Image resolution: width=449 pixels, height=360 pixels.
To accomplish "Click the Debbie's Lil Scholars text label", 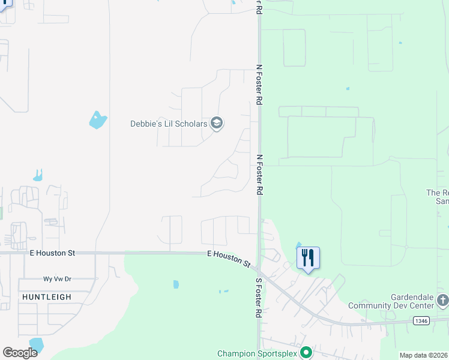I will (169, 124).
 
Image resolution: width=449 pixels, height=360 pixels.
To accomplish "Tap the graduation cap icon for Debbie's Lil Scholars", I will (217, 124).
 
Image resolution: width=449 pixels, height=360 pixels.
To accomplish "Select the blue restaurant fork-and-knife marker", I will (308, 258).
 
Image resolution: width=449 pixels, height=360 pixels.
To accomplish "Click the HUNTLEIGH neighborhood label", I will (47, 297).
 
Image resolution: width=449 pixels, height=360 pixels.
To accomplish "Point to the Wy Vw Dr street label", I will (57, 279).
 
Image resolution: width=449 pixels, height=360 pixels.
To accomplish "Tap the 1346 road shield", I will (421, 321).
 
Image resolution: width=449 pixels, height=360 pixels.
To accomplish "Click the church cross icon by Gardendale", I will (442, 299).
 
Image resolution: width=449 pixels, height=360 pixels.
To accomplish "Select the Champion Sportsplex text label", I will (257, 353).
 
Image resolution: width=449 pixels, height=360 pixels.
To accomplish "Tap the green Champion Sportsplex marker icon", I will (306, 353).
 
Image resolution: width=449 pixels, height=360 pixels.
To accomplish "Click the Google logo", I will (20, 353).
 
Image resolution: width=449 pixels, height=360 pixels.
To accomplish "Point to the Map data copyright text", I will (424, 355).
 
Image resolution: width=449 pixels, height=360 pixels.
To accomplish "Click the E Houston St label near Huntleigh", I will (52, 253).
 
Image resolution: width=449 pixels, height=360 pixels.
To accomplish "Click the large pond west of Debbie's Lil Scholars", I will (97, 120).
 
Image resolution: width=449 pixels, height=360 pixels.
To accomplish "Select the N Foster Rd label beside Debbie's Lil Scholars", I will (259, 85).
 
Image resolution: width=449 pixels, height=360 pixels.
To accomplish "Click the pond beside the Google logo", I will (37, 344).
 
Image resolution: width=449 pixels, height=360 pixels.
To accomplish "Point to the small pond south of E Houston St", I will (176, 284).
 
